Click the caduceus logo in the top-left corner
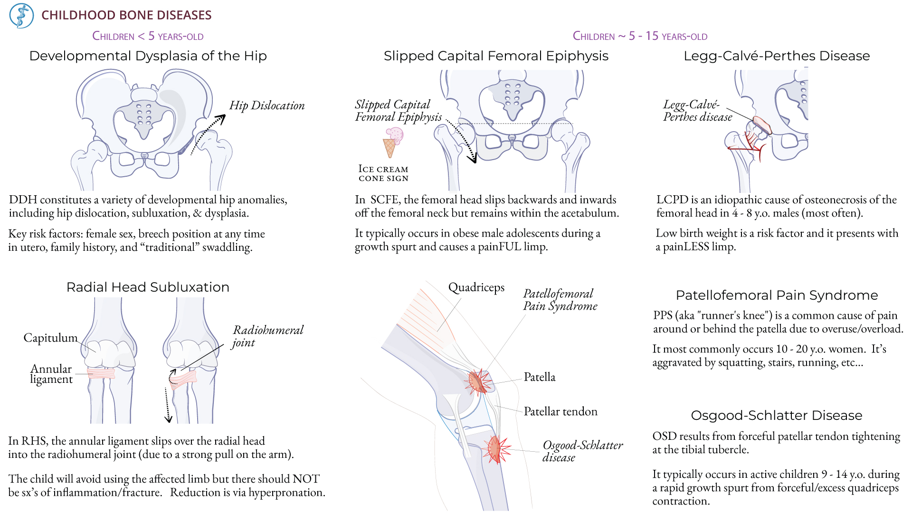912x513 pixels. [21, 16]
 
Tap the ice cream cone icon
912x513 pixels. [392, 142]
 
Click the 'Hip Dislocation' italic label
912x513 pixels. [266, 105]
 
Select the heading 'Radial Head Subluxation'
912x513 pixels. [148, 287]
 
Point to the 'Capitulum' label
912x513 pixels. [50, 338]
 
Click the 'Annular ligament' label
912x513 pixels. [51, 374]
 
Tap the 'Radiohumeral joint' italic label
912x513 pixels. [267, 336]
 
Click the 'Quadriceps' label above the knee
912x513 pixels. [476, 287]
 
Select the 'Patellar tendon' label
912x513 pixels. [560, 411]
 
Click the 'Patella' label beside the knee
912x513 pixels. [539, 377]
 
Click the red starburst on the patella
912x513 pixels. [478, 382]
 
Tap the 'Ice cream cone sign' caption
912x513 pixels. [383, 173]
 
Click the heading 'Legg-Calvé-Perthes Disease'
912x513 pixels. [777, 56]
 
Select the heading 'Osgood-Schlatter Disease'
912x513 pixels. [776, 416]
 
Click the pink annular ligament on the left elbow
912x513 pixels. [101, 373]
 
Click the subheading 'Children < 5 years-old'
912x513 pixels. [148, 36]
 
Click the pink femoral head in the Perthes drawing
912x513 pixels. [761, 124]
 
